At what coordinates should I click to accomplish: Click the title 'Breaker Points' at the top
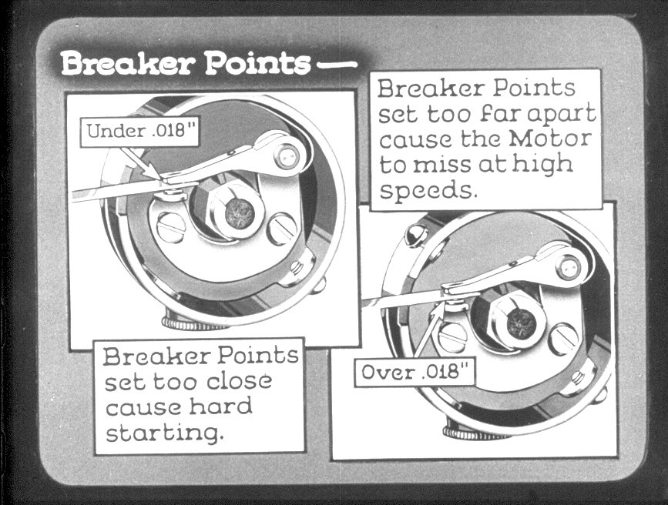pos(186,63)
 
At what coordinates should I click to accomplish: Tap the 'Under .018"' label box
pos(140,131)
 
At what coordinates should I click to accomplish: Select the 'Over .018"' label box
pos(414,373)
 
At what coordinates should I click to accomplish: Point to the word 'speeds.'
pos(426,190)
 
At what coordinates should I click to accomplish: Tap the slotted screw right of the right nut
pos(565,339)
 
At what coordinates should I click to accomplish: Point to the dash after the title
pos(338,65)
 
